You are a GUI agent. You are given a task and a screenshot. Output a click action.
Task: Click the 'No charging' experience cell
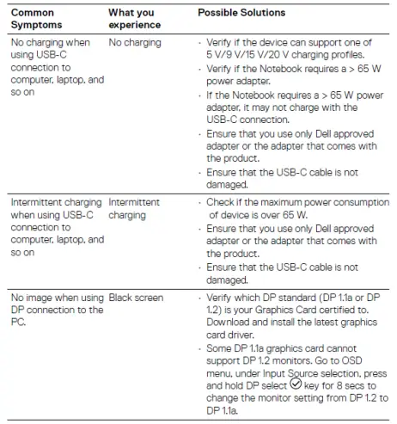tap(135, 41)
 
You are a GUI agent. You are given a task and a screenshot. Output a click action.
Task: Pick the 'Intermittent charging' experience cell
tap(134, 208)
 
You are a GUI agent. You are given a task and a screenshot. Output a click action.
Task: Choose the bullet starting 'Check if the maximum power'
tap(292, 207)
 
